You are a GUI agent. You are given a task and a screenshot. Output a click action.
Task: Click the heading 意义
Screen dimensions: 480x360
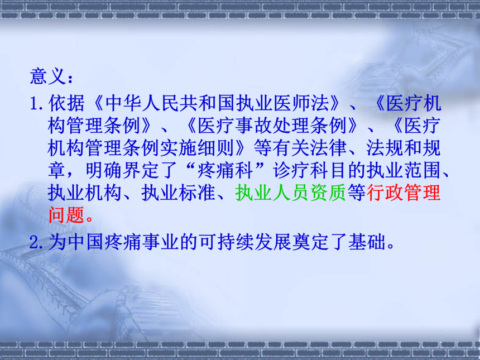tap(48, 76)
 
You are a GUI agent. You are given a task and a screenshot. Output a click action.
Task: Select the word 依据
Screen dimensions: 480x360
tap(66, 103)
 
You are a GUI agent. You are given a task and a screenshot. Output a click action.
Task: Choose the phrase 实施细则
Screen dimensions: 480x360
tap(197, 148)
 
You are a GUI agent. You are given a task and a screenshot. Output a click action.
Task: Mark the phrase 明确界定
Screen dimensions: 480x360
tap(122, 171)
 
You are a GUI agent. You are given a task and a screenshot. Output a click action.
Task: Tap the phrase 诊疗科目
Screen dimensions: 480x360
tap(310, 171)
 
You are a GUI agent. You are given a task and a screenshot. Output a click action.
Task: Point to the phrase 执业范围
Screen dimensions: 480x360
tap(404, 171)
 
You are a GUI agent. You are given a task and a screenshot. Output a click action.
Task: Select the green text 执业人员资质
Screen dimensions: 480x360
tap(290, 193)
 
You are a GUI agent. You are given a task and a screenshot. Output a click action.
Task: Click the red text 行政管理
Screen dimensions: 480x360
tap(404, 193)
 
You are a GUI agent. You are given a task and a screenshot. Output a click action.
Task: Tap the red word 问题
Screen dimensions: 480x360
tap(66, 215)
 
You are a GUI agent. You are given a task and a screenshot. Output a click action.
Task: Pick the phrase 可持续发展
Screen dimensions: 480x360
tap(244, 242)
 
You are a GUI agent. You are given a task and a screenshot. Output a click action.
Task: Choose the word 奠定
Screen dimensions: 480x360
tap(310, 242)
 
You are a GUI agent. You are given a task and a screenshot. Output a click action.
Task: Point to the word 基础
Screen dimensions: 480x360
tap(367, 242)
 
